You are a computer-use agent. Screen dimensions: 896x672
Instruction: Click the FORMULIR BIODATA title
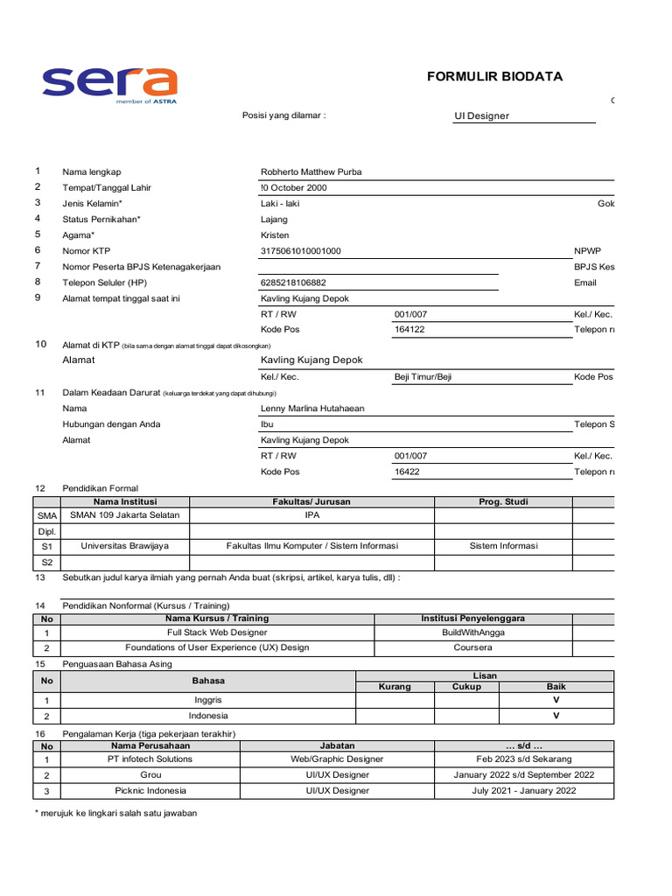pos(494,77)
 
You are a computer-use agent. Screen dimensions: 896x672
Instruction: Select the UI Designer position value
pos(481,115)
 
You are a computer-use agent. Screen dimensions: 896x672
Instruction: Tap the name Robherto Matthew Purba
pos(311,172)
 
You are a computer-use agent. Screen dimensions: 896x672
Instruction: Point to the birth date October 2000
pos(294,188)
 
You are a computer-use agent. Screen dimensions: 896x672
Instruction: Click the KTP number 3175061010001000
pos(301,251)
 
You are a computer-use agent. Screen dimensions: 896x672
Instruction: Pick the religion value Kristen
pos(275,235)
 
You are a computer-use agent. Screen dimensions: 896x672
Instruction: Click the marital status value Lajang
pos(275,220)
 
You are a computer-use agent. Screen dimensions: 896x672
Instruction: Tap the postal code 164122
pos(410,330)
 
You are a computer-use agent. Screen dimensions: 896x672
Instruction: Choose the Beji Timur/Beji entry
pos(423,377)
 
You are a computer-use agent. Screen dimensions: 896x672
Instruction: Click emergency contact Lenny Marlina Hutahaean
pos(312,409)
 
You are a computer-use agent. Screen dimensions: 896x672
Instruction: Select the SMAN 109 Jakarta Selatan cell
pos(124,515)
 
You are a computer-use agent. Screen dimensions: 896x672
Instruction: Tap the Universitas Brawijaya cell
pos(124,546)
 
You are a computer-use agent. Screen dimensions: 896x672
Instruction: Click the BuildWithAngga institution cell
pos(472,632)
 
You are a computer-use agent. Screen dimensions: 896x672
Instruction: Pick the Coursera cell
pos(472,647)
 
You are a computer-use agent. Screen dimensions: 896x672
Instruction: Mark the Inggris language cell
pos(208,700)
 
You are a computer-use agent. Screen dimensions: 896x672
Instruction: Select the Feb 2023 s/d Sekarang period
pos(524,759)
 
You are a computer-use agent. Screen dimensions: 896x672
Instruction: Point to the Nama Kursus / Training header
pos(218,619)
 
